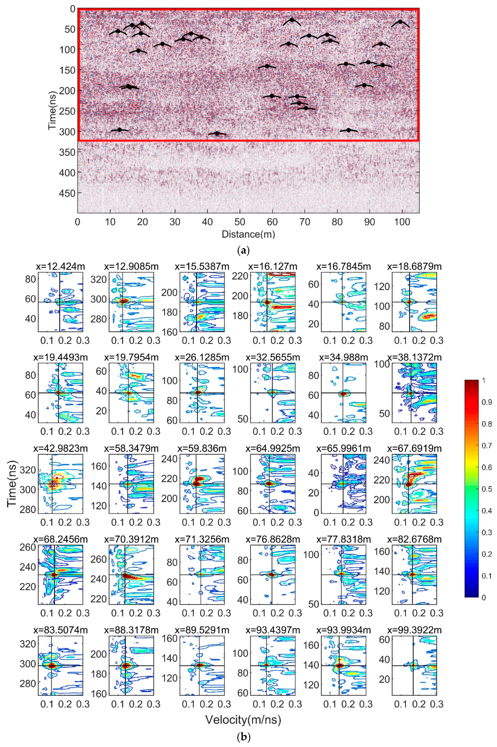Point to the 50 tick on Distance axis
click(240, 222)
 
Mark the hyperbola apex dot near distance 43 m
click(217, 133)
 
